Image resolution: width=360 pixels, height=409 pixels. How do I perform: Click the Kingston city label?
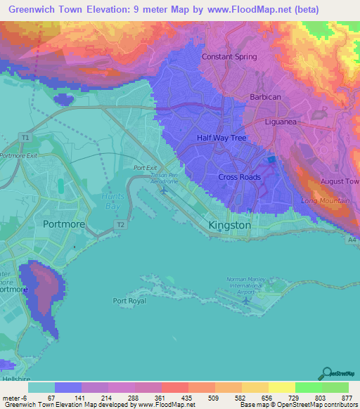[x=230, y=225]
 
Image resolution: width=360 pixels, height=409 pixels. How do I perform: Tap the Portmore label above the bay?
[x=63, y=224]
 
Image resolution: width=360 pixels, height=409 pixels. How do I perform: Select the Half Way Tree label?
[x=221, y=138]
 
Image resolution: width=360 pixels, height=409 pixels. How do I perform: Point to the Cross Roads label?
[x=239, y=177]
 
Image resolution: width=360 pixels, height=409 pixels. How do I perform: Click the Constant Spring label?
[x=229, y=57]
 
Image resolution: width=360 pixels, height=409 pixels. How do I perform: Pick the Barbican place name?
[x=266, y=97]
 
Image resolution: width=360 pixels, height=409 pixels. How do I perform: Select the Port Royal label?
[x=130, y=301]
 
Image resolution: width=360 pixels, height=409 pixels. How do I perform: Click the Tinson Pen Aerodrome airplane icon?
[x=165, y=189]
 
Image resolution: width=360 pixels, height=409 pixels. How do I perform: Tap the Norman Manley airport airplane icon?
[x=245, y=301]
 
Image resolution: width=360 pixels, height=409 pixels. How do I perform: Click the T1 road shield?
[x=25, y=138]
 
